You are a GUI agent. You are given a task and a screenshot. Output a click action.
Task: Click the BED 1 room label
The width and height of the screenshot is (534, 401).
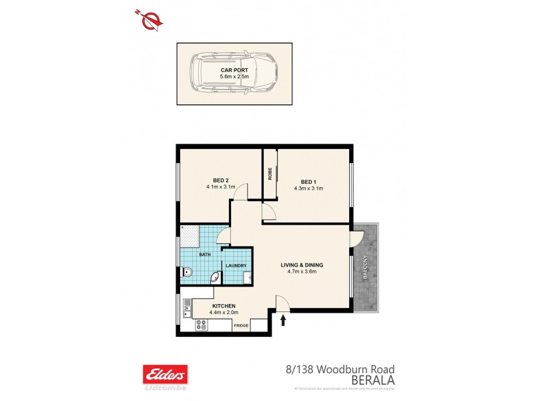click(308, 182)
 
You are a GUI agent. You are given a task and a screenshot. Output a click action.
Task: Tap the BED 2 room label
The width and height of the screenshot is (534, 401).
click(221, 180)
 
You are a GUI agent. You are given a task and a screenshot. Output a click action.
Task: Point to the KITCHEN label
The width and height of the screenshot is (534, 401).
click(222, 305)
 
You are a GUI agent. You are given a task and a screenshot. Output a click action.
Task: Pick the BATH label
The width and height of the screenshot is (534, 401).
click(206, 256)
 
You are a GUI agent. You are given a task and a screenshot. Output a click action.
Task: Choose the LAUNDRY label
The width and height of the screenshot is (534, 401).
click(236, 266)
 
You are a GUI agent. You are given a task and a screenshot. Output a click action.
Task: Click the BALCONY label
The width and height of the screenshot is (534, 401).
click(366, 267)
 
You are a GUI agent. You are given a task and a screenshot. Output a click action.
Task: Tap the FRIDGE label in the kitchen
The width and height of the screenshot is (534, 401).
click(241, 325)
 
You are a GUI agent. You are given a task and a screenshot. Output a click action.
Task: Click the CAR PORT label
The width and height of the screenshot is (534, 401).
click(234, 70)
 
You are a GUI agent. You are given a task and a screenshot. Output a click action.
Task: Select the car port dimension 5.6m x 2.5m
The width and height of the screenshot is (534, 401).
click(234, 77)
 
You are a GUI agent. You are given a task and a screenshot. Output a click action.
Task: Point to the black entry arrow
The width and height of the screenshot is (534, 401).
click(283, 321)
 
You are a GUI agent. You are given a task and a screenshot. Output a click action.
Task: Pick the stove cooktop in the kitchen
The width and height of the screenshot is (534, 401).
click(200, 325)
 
